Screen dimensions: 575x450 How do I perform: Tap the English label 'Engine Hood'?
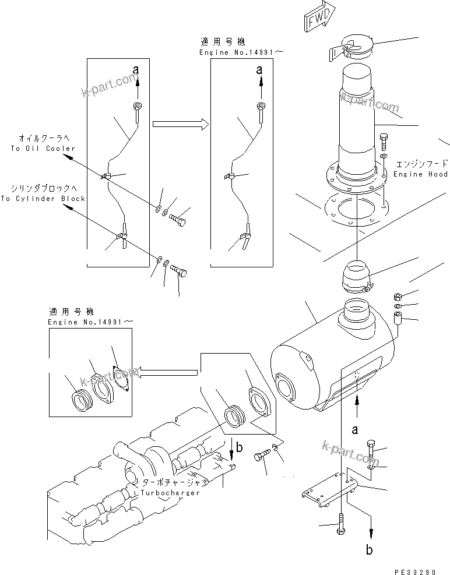(420, 174)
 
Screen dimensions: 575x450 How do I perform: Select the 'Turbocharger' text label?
(170, 492)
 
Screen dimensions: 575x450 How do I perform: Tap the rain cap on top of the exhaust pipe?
(353, 47)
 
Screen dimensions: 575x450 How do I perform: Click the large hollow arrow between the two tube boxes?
(180, 124)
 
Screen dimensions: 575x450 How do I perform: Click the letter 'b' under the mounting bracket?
(368, 549)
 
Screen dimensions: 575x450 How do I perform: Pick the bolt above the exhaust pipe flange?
(383, 142)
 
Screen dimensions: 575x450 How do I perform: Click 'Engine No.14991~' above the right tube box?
(241, 52)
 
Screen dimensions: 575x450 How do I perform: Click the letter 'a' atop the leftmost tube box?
(136, 69)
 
